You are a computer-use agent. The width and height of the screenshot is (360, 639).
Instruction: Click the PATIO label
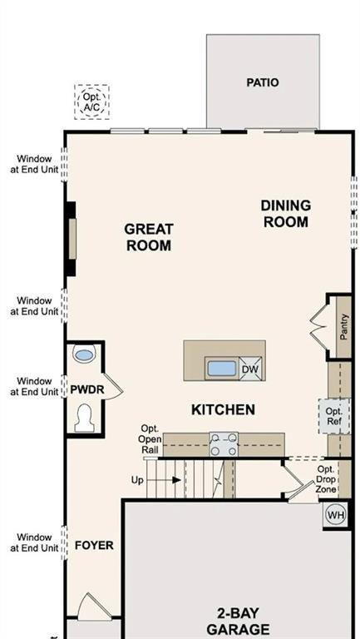pos(262,82)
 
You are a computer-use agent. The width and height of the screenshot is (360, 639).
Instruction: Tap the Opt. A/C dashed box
pos(91,102)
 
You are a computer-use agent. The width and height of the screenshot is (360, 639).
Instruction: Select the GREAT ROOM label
pos(149,236)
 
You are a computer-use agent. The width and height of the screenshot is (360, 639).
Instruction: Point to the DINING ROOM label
pos(285,213)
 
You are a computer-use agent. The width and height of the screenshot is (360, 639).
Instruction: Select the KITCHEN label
pos(223,409)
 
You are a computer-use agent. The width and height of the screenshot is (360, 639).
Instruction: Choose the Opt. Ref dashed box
pos(334,416)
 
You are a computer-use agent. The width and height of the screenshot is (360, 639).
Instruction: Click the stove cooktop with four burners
pos(223,444)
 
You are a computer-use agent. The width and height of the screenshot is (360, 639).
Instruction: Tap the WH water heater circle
pos(335,514)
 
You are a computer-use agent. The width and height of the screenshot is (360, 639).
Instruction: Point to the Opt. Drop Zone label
pos(326,480)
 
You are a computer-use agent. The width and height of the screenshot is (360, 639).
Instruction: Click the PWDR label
pos(86,389)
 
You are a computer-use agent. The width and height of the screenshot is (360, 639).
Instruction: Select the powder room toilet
pos(84,417)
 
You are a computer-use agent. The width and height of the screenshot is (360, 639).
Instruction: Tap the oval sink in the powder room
pos(84,355)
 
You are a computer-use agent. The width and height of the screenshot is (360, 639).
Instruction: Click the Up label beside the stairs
pos(138,480)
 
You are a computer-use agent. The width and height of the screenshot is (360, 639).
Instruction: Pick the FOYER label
pos(94,546)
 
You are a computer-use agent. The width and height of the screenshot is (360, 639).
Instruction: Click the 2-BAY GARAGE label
pos(238,621)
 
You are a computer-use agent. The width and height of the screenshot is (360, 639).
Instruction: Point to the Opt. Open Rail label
pos(150,439)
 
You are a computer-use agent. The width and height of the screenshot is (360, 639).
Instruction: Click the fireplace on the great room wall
pos(72,239)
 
